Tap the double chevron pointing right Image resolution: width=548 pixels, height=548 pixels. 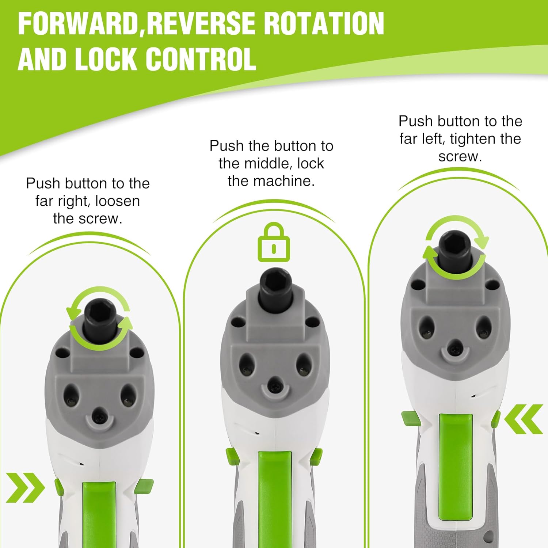(x=25, y=487)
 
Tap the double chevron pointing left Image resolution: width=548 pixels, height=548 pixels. (x=524, y=419)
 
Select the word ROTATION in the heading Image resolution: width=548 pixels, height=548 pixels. (x=324, y=24)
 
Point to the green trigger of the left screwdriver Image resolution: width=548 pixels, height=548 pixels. (x=99, y=515)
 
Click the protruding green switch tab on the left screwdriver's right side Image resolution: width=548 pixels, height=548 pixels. (x=144, y=486)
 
